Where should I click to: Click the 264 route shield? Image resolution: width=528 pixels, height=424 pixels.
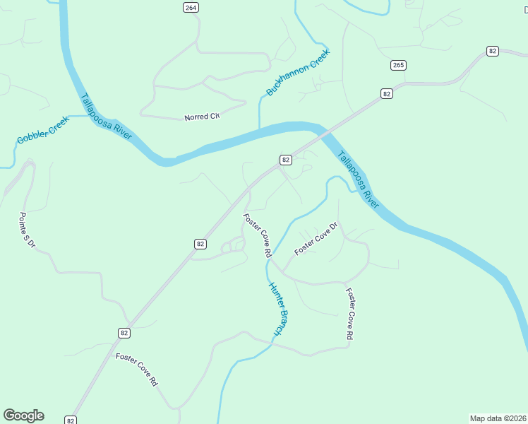tap(191, 7)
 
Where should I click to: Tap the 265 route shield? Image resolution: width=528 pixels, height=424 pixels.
tap(398, 65)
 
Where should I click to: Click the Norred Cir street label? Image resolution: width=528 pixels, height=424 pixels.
tap(203, 116)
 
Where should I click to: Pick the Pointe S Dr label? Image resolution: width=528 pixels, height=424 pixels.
tap(27, 230)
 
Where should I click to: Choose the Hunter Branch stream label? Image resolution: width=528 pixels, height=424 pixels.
tap(279, 309)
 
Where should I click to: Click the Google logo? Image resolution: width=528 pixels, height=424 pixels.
tap(23, 416)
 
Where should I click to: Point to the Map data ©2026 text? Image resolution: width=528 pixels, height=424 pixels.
tap(498, 418)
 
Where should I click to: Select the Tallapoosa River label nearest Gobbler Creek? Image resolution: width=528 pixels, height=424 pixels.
tap(107, 117)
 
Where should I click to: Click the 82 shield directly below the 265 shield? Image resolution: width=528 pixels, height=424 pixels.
tap(386, 93)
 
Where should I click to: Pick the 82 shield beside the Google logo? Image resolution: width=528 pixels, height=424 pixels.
tap(71, 420)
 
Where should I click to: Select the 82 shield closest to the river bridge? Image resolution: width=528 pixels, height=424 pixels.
tap(285, 160)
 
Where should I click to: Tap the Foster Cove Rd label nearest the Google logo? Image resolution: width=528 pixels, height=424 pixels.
tap(136, 370)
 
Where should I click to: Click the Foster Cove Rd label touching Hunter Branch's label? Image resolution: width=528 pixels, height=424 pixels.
tap(258, 235)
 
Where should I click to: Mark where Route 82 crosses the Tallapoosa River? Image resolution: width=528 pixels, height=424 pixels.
tap(322, 131)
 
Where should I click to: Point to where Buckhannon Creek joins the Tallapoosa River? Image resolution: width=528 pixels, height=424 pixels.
tap(260, 129)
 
